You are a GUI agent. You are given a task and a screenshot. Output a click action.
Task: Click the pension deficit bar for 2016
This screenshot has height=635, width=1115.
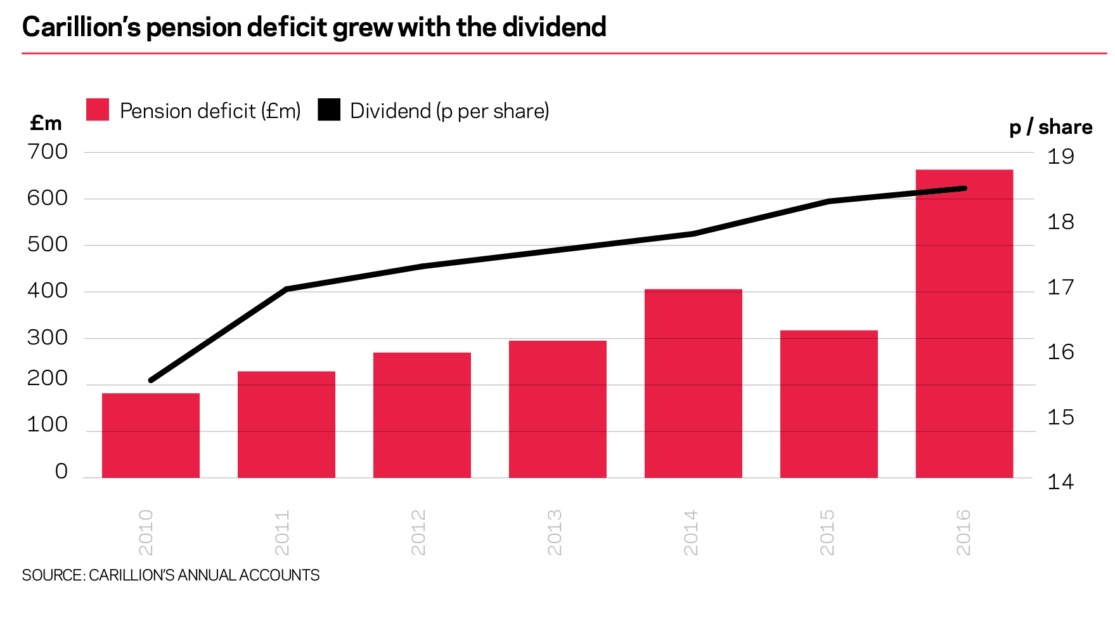tap(964, 324)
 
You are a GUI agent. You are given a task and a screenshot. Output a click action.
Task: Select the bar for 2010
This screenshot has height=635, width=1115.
tap(151, 435)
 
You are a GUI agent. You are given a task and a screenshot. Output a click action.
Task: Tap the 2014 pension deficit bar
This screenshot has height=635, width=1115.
tap(693, 383)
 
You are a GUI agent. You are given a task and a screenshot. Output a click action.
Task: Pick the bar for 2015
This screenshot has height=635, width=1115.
tap(828, 403)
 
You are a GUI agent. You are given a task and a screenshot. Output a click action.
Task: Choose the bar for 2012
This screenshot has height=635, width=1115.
tap(422, 415)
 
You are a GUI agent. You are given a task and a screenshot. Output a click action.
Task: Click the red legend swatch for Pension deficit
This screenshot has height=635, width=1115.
tap(98, 110)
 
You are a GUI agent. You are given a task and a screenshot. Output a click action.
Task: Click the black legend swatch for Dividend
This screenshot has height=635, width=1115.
tap(329, 110)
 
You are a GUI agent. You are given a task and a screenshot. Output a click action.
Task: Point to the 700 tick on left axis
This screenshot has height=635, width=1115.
tap(47, 152)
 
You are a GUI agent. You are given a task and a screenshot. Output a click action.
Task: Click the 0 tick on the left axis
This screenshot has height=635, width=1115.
tap(61, 471)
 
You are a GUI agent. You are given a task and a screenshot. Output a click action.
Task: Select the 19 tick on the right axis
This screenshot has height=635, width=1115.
tap(1060, 157)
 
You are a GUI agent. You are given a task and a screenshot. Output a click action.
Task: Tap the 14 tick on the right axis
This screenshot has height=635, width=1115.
tap(1060, 482)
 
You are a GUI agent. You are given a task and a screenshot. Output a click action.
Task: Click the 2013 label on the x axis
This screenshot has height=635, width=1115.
tap(555, 532)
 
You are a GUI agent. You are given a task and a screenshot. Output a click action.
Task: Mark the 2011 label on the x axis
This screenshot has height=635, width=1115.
tap(283, 532)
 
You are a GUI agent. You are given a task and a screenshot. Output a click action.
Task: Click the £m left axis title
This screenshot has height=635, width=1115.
tap(46, 123)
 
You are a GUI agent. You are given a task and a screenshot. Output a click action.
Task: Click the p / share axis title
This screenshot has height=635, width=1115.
tap(1050, 127)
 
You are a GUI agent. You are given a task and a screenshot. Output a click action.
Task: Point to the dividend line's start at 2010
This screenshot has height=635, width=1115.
tap(151, 380)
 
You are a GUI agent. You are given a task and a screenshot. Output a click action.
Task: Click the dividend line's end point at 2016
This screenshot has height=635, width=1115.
tap(964, 188)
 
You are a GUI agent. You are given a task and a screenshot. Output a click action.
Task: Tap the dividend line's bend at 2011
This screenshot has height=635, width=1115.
tap(287, 289)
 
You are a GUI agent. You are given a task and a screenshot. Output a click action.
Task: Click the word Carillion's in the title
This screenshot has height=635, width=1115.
tap(81, 27)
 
